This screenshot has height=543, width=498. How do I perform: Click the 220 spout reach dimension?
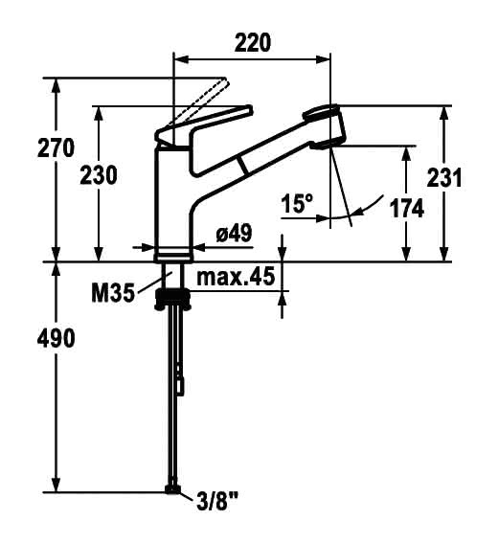pyautogui.click(x=253, y=43)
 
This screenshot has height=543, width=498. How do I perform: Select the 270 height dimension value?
pyautogui.click(x=56, y=147)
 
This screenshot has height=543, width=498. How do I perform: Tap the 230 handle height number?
pyautogui.click(x=99, y=175)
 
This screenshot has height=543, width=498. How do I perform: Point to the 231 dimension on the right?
pyautogui.click(x=444, y=178)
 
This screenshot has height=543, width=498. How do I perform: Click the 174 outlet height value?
pyautogui.click(x=407, y=209)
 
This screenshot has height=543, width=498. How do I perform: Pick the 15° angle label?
pyautogui.click(x=297, y=203)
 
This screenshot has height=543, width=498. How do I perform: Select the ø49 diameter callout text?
pyautogui.click(x=234, y=233)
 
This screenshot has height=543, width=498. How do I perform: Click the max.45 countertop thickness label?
pyautogui.click(x=236, y=277)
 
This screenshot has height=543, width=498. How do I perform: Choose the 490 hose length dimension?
pyautogui.click(x=56, y=338)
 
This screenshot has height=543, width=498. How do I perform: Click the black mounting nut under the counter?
pyautogui.click(x=172, y=299)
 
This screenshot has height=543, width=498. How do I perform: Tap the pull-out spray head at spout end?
pyautogui.click(x=326, y=126)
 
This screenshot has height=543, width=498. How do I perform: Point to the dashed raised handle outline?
pyautogui.click(x=199, y=102)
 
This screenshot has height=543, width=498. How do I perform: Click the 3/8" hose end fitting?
pyautogui.click(x=172, y=489)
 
